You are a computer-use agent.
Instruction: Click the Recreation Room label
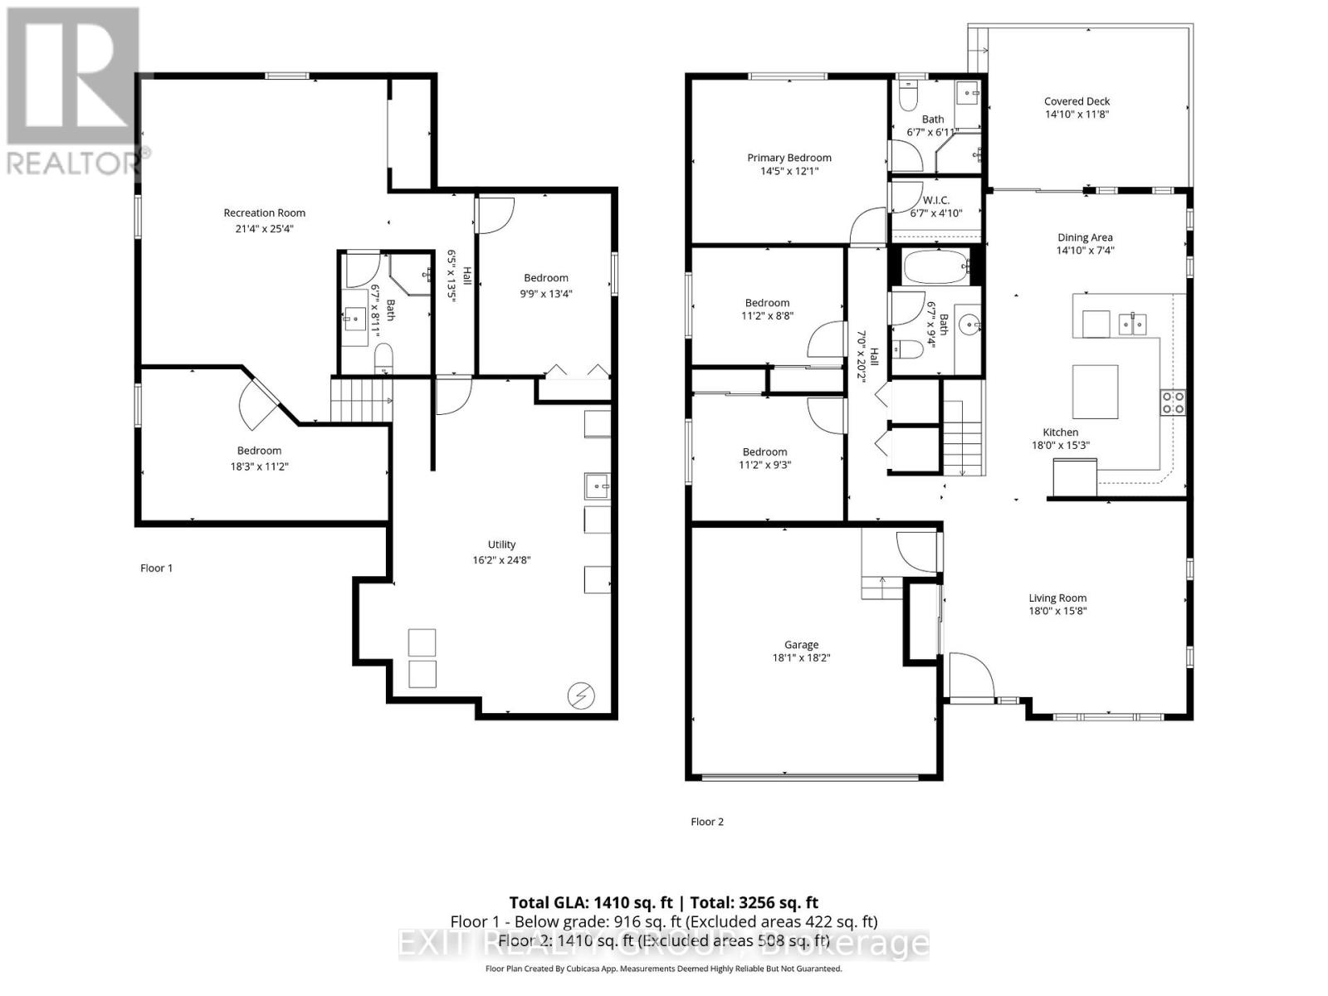(x=264, y=213)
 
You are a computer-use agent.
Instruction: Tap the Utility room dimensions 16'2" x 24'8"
(x=501, y=559)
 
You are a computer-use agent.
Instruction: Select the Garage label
(x=801, y=645)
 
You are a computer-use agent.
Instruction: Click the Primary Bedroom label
(x=788, y=158)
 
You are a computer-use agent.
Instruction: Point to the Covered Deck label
(x=1077, y=101)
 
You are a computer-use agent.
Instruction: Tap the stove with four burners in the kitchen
(x=1173, y=403)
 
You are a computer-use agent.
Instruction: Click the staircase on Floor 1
(x=361, y=399)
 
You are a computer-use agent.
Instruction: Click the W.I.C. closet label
(x=935, y=200)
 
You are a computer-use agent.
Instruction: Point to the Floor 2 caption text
(x=707, y=822)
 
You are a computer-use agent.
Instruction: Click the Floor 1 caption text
(x=156, y=568)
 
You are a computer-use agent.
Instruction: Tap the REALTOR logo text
(x=75, y=163)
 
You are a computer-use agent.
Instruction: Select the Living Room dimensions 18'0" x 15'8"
(x=1057, y=611)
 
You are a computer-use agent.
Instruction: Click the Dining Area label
(x=1085, y=237)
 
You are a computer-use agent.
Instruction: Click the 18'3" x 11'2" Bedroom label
(x=259, y=451)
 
